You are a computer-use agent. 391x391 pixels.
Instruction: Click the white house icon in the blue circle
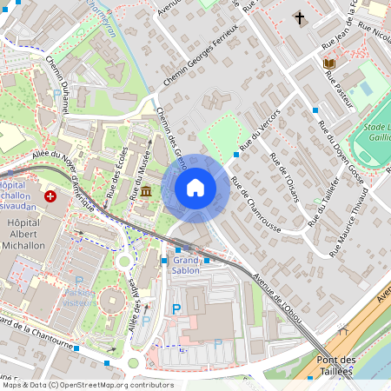click(x=195, y=188)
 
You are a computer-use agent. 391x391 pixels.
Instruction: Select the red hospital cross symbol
click(x=50, y=197)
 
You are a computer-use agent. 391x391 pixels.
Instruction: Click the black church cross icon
click(x=300, y=17)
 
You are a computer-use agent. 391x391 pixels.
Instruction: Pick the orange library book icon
click(x=328, y=63)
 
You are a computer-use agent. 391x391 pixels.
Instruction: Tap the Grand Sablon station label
click(x=186, y=265)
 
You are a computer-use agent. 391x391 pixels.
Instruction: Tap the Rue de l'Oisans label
click(x=284, y=177)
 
